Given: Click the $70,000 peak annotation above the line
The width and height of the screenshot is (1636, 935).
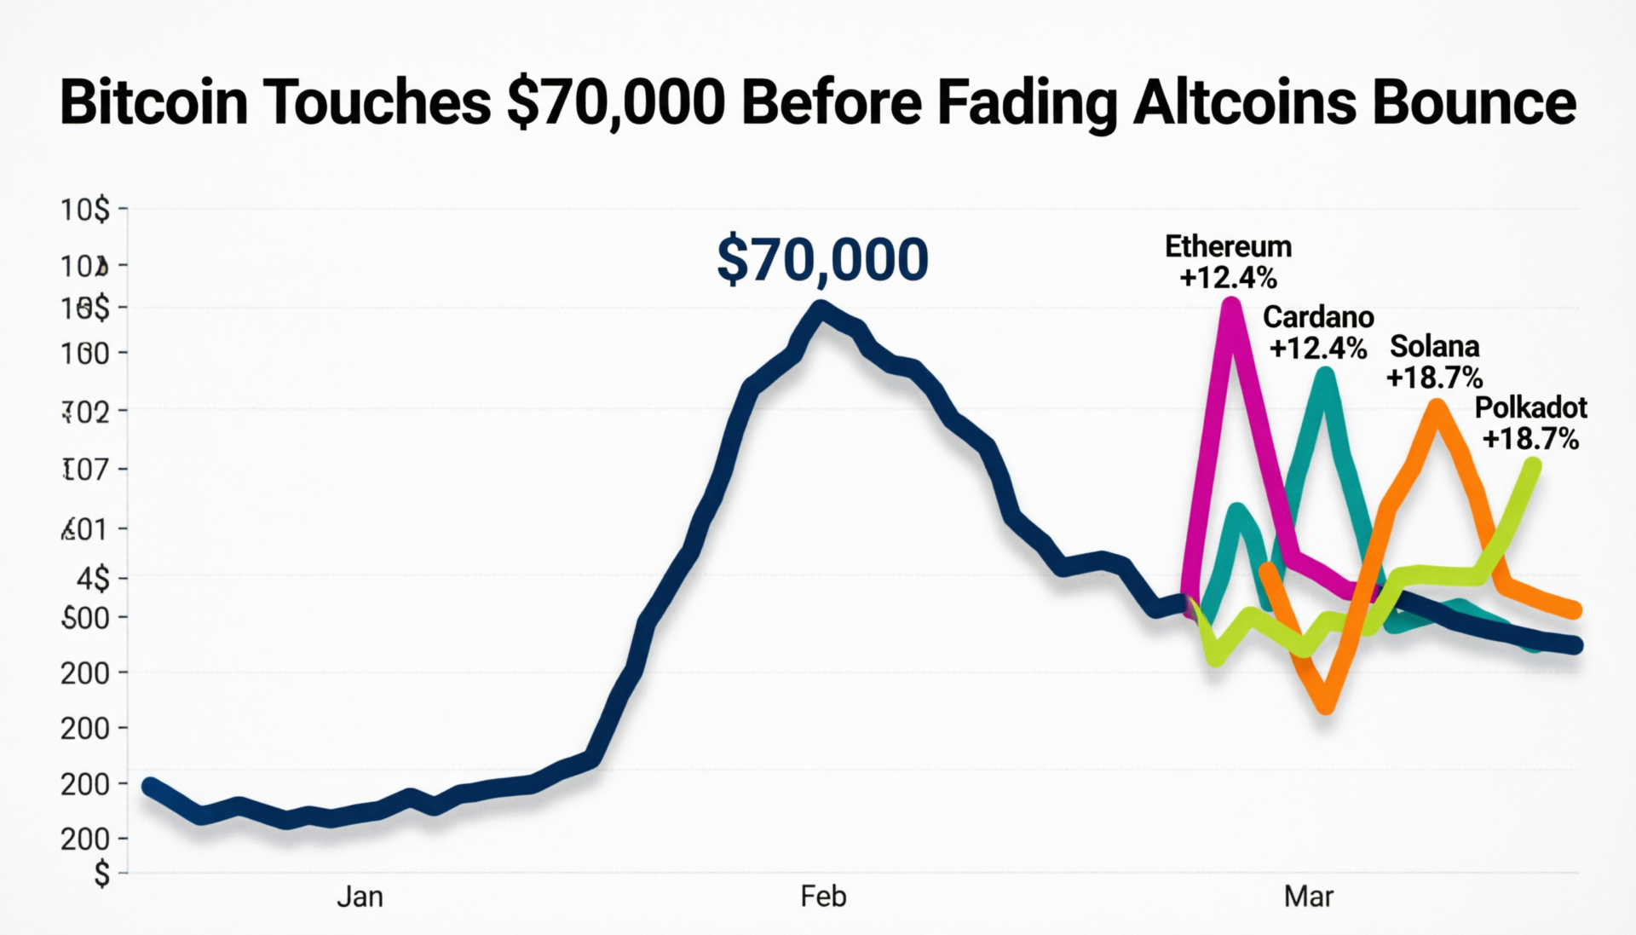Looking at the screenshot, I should (822, 260).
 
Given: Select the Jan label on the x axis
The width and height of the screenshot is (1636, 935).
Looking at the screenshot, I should (360, 897).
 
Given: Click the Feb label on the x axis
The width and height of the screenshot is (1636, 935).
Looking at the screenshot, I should (823, 897).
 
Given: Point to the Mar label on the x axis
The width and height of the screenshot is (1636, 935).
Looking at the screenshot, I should (1308, 897).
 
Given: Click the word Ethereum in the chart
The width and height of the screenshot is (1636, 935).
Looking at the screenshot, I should (1228, 246).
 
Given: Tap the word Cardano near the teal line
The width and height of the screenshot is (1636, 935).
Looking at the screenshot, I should (1318, 317).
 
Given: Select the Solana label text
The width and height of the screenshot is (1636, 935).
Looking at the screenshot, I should (1434, 347).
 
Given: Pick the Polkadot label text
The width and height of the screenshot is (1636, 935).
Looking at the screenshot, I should (1530, 408).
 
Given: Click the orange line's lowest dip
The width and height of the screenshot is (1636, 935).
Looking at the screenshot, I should (1326, 704).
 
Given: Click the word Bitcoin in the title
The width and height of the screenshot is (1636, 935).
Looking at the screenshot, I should (153, 102).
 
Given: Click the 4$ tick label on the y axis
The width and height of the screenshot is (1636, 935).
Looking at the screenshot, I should (93, 580).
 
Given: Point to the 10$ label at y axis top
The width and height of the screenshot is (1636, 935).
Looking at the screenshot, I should (84, 209).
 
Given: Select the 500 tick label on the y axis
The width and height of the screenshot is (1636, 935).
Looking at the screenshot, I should (85, 618).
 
